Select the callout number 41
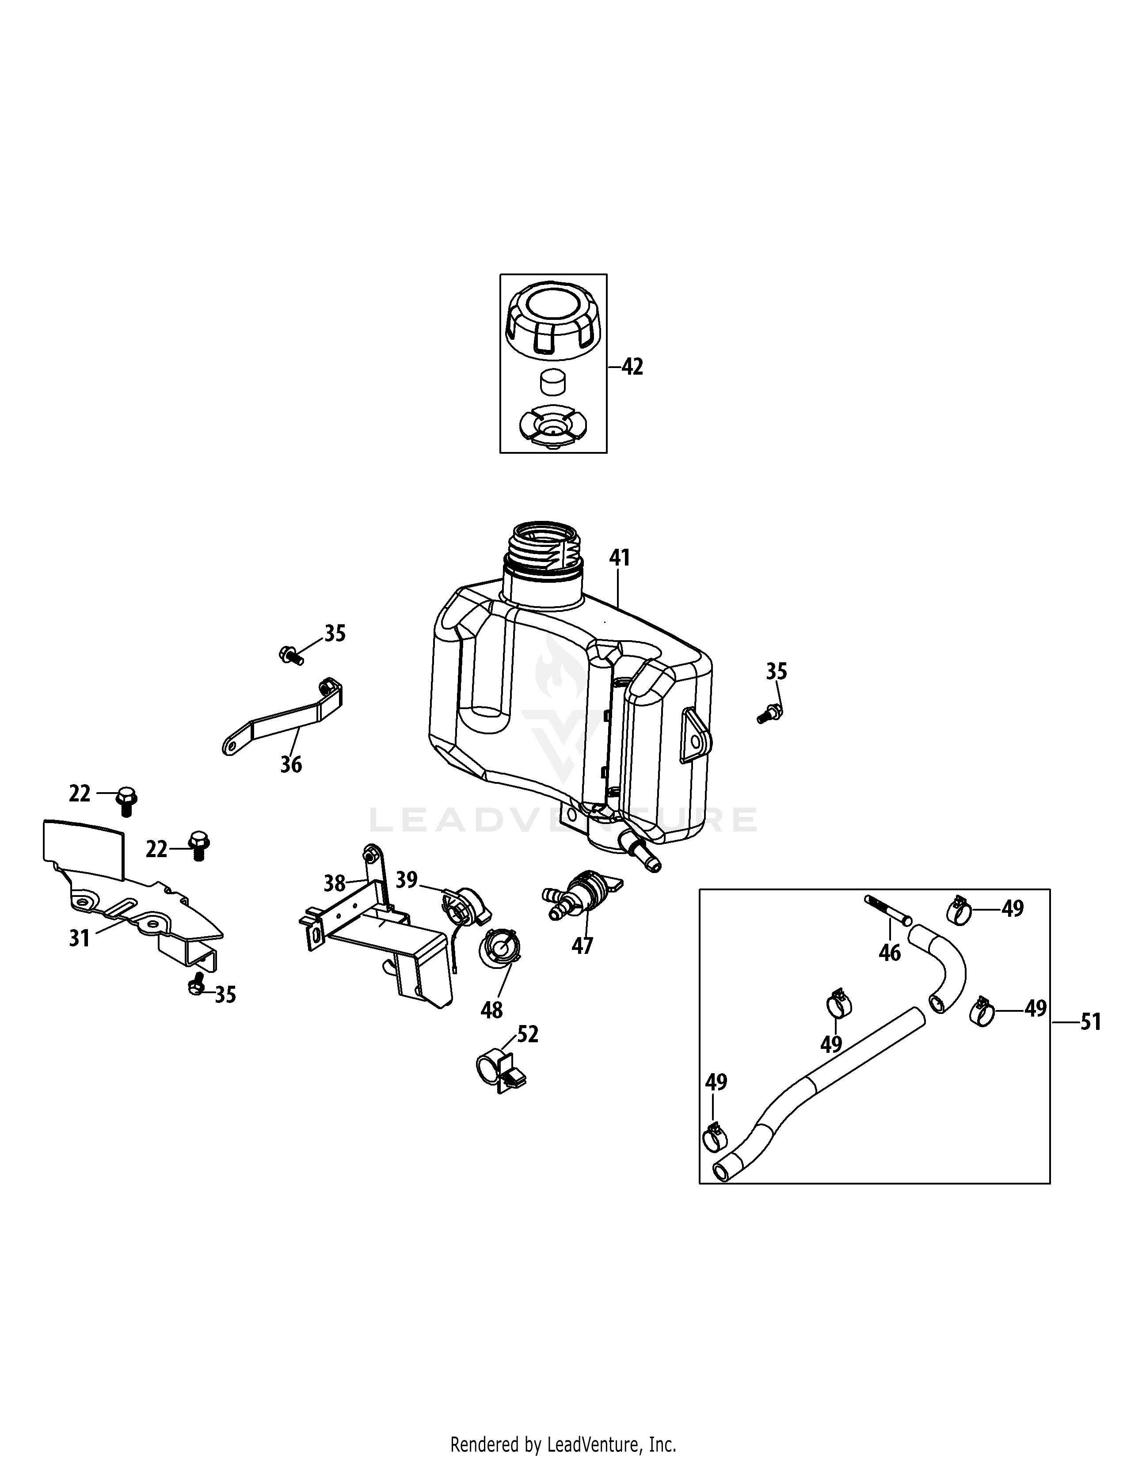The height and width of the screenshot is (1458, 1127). coord(620,558)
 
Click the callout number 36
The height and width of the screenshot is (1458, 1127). coord(291,764)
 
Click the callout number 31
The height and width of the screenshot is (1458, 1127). coord(80,938)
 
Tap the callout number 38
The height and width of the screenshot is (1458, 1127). coord(335,884)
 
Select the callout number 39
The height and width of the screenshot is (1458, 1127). coord(407,880)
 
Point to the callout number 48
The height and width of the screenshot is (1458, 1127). coord(491,1010)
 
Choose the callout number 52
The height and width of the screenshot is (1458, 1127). coord(527,1035)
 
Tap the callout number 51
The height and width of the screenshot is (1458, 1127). coord(1090,1022)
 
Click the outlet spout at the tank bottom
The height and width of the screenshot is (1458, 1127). coord(641,854)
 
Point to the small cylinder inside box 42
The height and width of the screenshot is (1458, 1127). coord(552,383)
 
